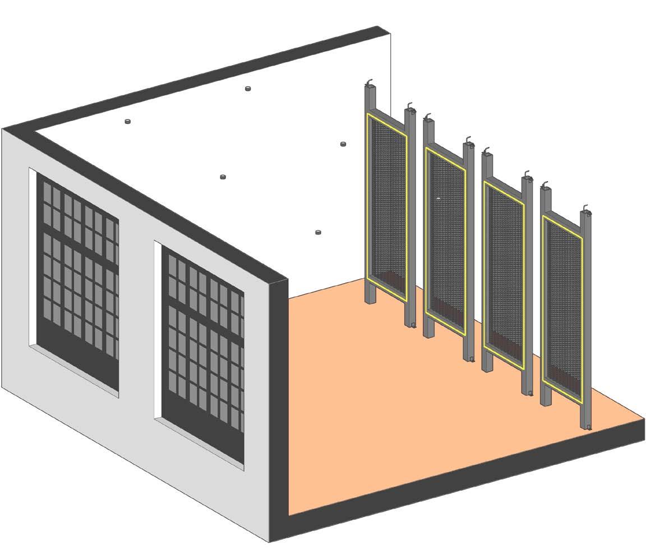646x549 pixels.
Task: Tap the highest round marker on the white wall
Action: (x=248, y=89)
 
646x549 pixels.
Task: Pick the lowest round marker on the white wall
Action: (x=319, y=232)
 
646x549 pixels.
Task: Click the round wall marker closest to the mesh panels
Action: (x=343, y=145)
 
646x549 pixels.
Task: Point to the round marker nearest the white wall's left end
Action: (x=128, y=121)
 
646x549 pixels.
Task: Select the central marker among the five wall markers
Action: (x=223, y=177)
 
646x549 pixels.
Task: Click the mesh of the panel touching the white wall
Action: (x=387, y=202)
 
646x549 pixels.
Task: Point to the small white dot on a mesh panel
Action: (x=439, y=199)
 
